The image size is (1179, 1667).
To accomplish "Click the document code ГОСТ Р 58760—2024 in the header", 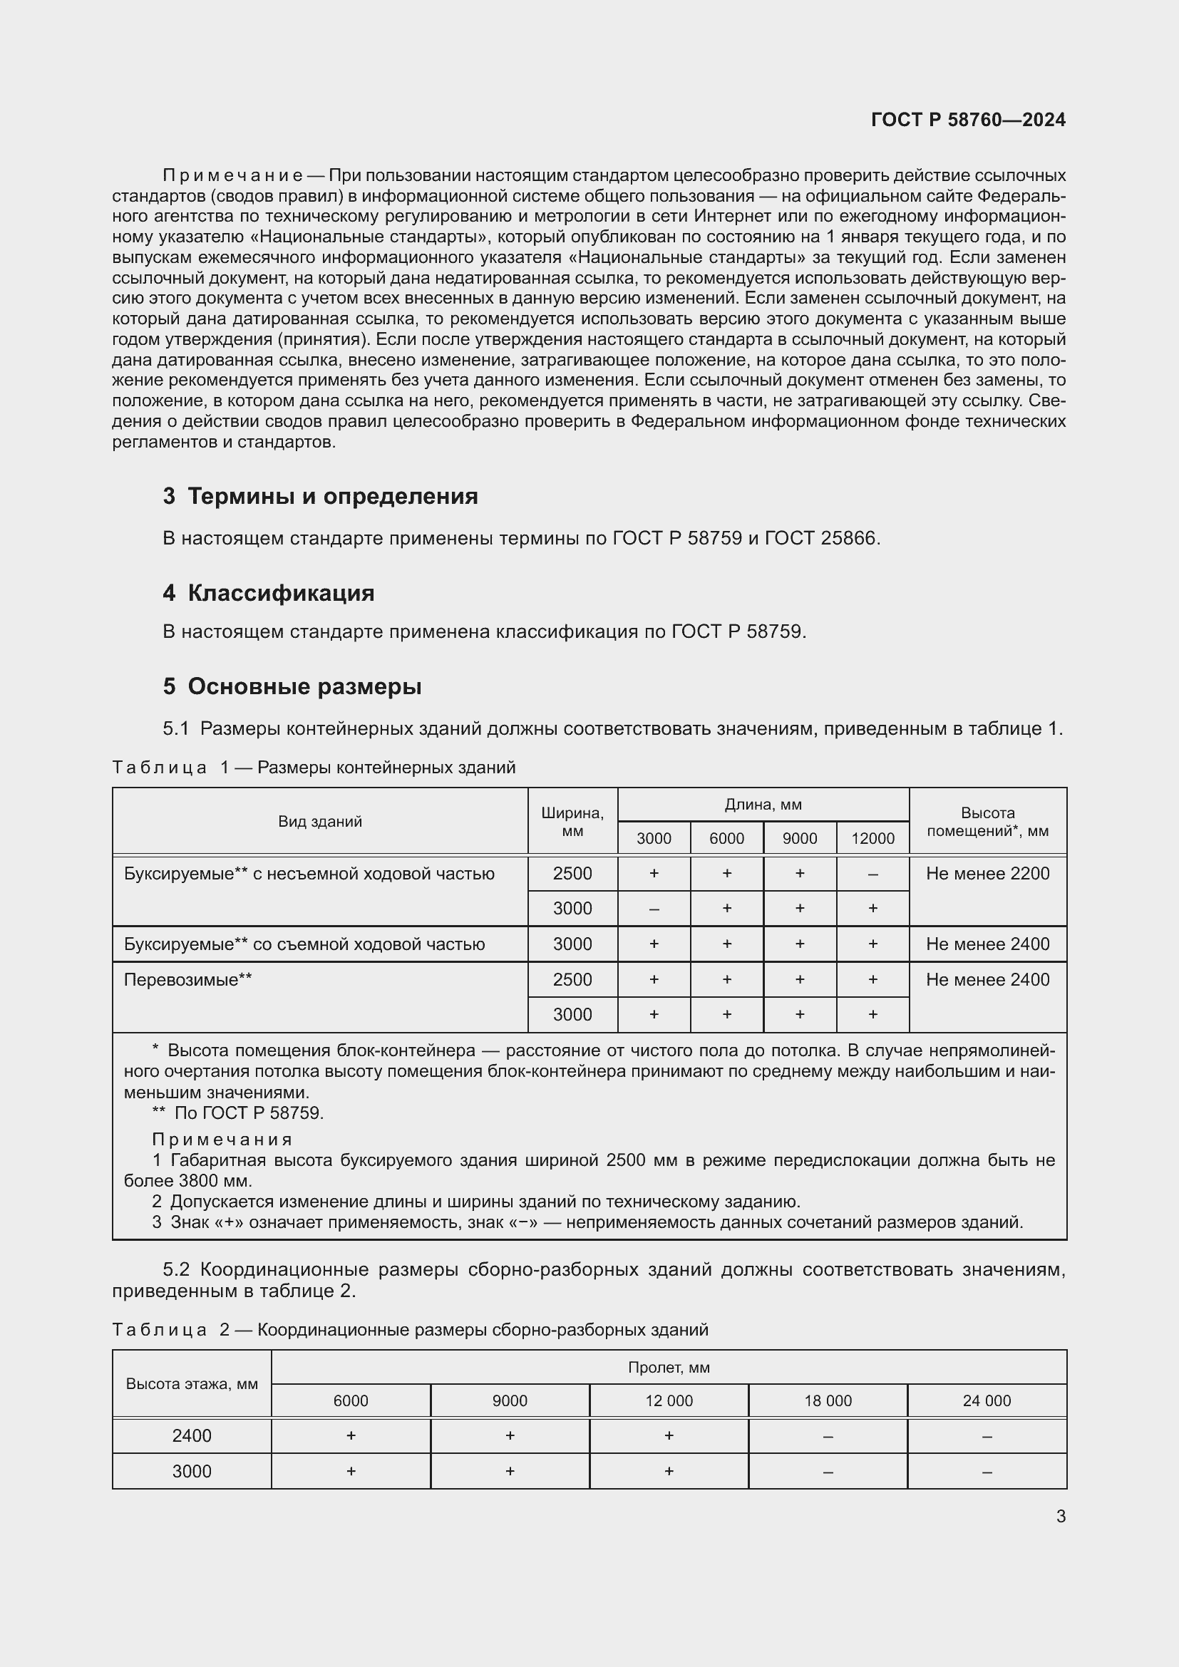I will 968,120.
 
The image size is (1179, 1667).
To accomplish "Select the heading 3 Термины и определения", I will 320,496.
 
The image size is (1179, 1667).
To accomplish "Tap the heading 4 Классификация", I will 269,593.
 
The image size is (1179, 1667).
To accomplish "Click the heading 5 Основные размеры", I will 292,686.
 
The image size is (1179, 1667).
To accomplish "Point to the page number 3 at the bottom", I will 1061,1516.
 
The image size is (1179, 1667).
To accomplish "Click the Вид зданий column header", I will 320,821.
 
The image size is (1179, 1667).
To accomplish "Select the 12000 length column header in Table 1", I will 872,839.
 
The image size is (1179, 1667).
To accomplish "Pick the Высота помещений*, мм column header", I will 987,822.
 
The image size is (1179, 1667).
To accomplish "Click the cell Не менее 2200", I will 987,874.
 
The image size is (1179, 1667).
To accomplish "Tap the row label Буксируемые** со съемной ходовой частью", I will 304,944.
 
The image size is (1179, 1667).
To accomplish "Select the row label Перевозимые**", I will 188,979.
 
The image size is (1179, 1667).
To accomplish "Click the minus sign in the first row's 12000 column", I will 872,874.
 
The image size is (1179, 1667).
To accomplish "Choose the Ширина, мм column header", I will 572,822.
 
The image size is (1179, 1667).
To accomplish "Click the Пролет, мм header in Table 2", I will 669,1368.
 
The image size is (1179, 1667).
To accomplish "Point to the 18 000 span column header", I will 828,1400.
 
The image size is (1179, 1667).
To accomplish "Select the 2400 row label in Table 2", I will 192,1435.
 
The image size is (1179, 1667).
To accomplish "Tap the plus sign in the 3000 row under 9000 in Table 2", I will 510,1471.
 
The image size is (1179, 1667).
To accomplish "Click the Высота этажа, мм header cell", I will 192,1384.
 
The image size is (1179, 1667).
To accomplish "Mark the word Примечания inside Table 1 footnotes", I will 222,1139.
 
